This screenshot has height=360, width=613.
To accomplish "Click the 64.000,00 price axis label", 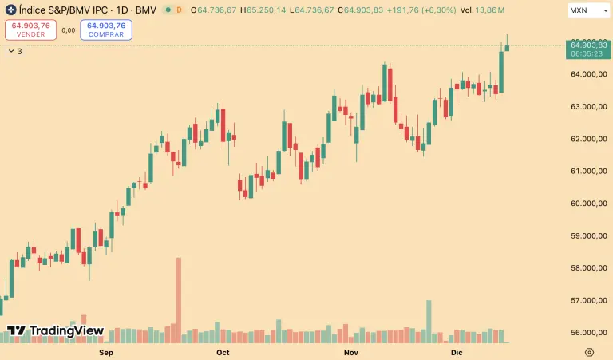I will pos(585,74).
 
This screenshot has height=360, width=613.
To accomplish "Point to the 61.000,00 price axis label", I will pos(585,171).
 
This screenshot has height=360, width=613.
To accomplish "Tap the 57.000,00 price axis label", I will pos(585,300).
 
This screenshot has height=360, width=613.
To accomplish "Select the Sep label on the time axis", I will pos(105,352).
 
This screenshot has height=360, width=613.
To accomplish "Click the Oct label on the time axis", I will pos(223,352).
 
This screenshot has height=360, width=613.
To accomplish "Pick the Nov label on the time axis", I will pos(350,352).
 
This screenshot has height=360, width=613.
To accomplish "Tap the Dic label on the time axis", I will pos(457,352).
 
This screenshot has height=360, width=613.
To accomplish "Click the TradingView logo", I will pos(56,330).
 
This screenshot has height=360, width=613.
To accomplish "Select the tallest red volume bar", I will pos(179,299).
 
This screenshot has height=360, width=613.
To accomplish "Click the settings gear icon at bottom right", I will pos(589,352).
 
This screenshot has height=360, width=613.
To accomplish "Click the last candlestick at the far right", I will pos(507,46).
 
